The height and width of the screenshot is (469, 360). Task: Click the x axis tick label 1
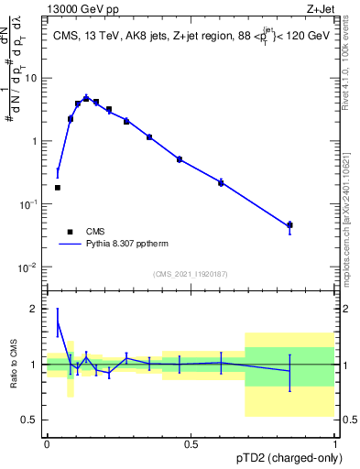coord(333,443)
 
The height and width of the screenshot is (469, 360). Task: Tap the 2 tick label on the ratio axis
coord(34,309)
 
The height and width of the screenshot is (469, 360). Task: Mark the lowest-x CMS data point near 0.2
coord(58,188)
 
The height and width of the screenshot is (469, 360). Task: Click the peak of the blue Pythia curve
coord(86,97)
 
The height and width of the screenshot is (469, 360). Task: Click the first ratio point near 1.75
coord(58,322)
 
